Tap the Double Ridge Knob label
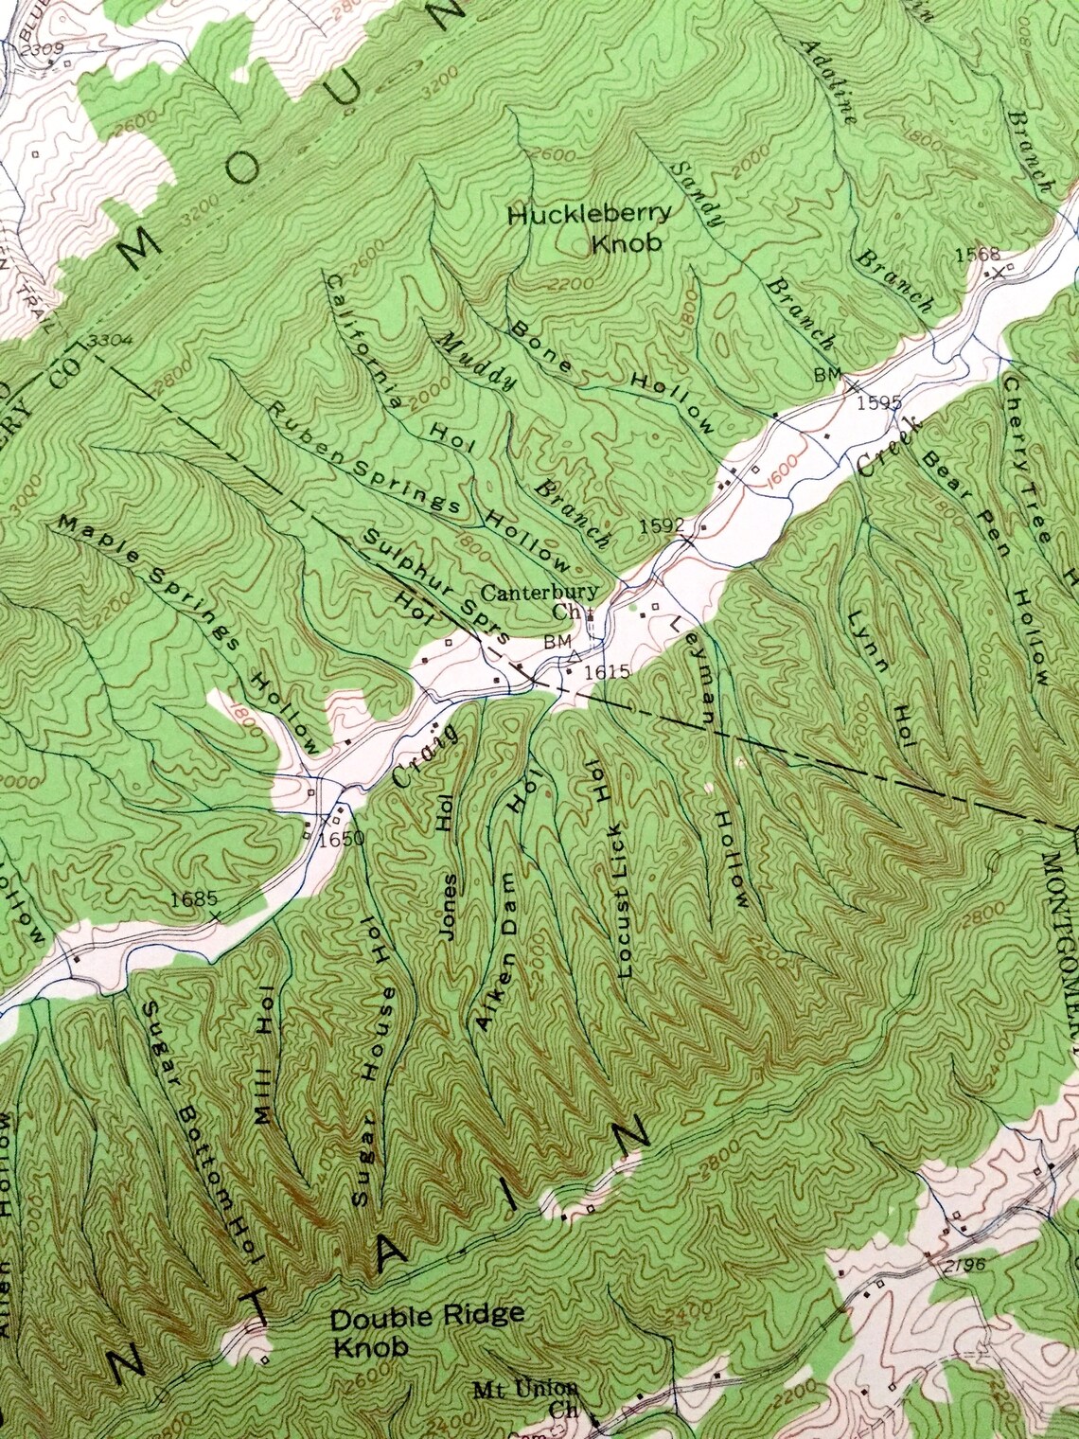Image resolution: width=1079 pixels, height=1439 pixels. (426, 1329)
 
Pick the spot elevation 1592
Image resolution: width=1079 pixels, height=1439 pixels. (660, 524)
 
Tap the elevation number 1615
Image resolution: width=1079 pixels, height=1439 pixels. (607, 670)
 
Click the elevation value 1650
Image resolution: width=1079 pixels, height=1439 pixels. (341, 838)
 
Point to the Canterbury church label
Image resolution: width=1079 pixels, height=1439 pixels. (539, 602)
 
